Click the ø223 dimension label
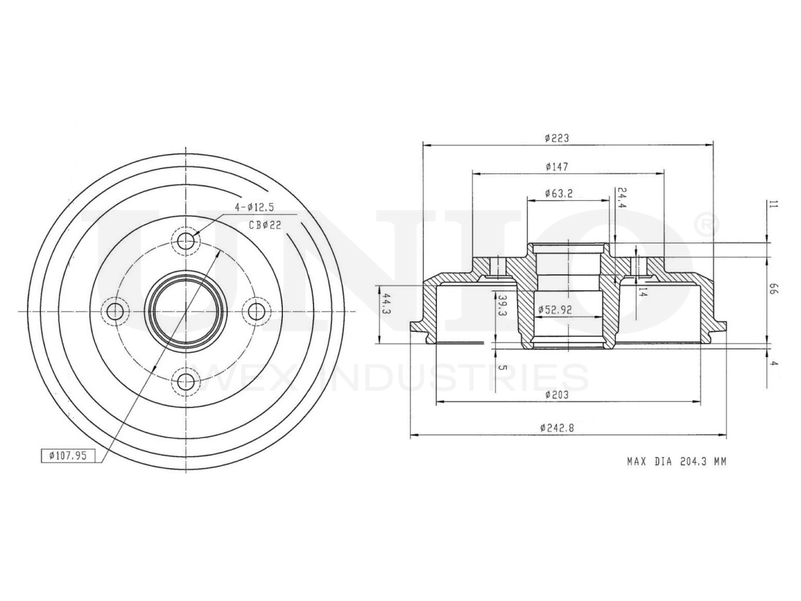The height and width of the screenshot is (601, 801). pyautogui.click(x=557, y=138)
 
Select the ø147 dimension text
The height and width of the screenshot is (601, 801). pyautogui.click(x=557, y=167)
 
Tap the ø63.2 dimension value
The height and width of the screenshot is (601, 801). pyautogui.click(x=559, y=193)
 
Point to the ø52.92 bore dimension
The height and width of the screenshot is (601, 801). pyautogui.click(x=555, y=310)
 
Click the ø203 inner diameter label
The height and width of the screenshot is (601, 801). pyautogui.click(x=557, y=395)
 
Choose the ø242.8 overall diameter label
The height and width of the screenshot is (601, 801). pyautogui.click(x=557, y=428)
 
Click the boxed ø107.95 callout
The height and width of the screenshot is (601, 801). pyautogui.click(x=68, y=456)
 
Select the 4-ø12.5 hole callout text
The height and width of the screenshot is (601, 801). pyautogui.click(x=254, y=207)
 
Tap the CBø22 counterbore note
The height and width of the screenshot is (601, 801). pyautogui.click(x=265, y=225)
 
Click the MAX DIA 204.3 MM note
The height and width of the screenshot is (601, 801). pyautogui.click(x=677, y=461)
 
